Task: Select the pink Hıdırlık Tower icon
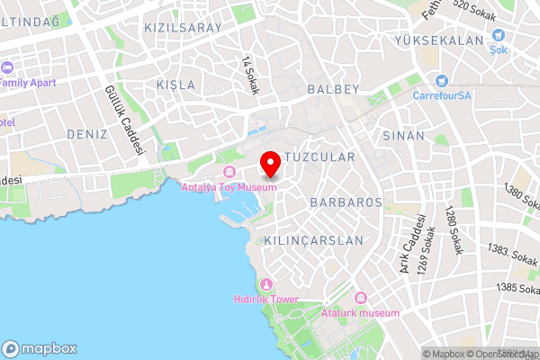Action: click(x=265, y=285)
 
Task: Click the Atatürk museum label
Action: click(x=360, y=312)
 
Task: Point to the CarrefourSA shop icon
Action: click(x=441, y=81)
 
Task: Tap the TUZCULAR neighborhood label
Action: click(x=319, y=157)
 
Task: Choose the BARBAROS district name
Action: click(x=346, y=202)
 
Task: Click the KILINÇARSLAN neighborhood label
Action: click(x=313, y=240)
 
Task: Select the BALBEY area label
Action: click(x=333, y=89)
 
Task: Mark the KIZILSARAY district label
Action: click(x=183, y=28)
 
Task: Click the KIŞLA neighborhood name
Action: click(x=175, y=85)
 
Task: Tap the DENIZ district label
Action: click(x=87, y=133)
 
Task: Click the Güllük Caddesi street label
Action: click(x=125, y=120)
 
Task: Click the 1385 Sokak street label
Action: click(x=517, y=289)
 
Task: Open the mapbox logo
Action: click(x=40, y=348)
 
